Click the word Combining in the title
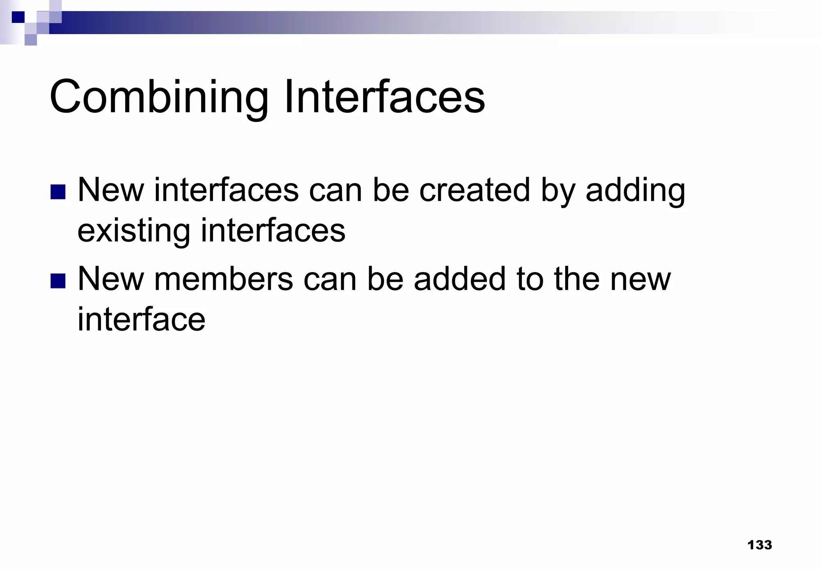(159, 98)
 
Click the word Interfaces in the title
(384, 98)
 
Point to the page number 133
(759, 545)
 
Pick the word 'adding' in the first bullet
(635, 191)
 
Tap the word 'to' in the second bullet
(530, 280)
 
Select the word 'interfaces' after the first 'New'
(226, 190)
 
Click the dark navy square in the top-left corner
(18, 17)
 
